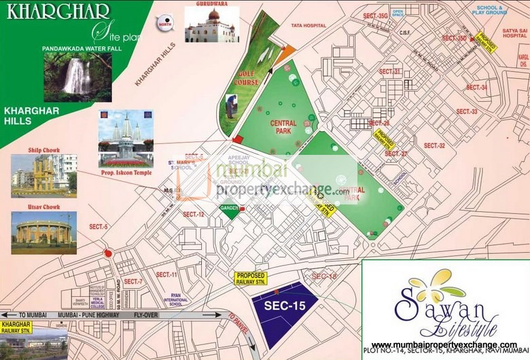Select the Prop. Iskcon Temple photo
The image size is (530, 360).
[x=125, y=139]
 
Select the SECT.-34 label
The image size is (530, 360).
[x=474, y=88]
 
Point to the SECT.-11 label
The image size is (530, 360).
[x=166, y=274]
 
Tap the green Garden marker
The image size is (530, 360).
[x=230, y=211]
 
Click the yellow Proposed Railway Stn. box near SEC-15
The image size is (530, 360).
[x=250, y=279]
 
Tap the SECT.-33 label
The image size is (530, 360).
[x=466, y=111]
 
